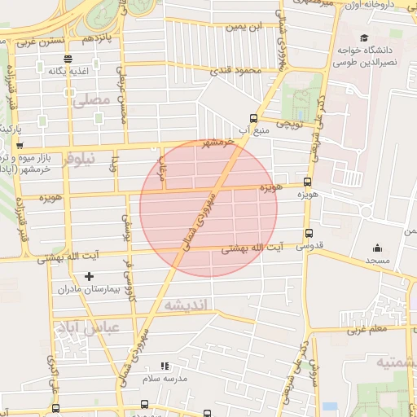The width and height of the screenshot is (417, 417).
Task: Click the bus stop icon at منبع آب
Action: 252,118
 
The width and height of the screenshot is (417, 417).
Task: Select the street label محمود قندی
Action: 238,71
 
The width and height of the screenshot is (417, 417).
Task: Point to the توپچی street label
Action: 290,125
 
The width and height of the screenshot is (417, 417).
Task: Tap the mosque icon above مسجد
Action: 377,248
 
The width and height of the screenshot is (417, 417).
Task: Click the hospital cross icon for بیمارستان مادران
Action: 89,276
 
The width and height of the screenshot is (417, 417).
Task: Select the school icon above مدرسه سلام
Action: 165,367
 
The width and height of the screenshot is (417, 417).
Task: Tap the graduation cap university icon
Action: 363,37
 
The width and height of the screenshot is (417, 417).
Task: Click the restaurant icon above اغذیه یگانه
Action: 67,59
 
